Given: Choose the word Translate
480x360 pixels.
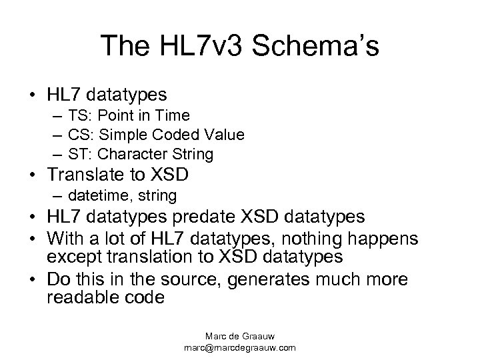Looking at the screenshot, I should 94,175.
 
